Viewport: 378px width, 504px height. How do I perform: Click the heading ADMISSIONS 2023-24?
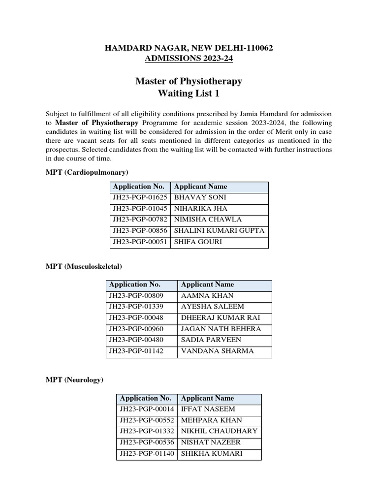(189, 59)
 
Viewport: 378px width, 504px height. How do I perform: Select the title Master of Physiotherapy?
(189, 81)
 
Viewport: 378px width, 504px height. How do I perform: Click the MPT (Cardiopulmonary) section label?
(87, 172)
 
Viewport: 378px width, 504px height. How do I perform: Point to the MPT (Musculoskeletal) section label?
(84, 266)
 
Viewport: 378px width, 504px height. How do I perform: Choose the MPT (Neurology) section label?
(74, 380)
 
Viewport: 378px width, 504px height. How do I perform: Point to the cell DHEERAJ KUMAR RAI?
(220, 318)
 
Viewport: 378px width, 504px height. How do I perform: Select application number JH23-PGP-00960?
(136, 329)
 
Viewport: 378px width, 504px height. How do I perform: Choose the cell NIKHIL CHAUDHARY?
(219, 432)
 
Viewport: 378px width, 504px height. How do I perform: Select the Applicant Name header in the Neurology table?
(207, 398)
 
